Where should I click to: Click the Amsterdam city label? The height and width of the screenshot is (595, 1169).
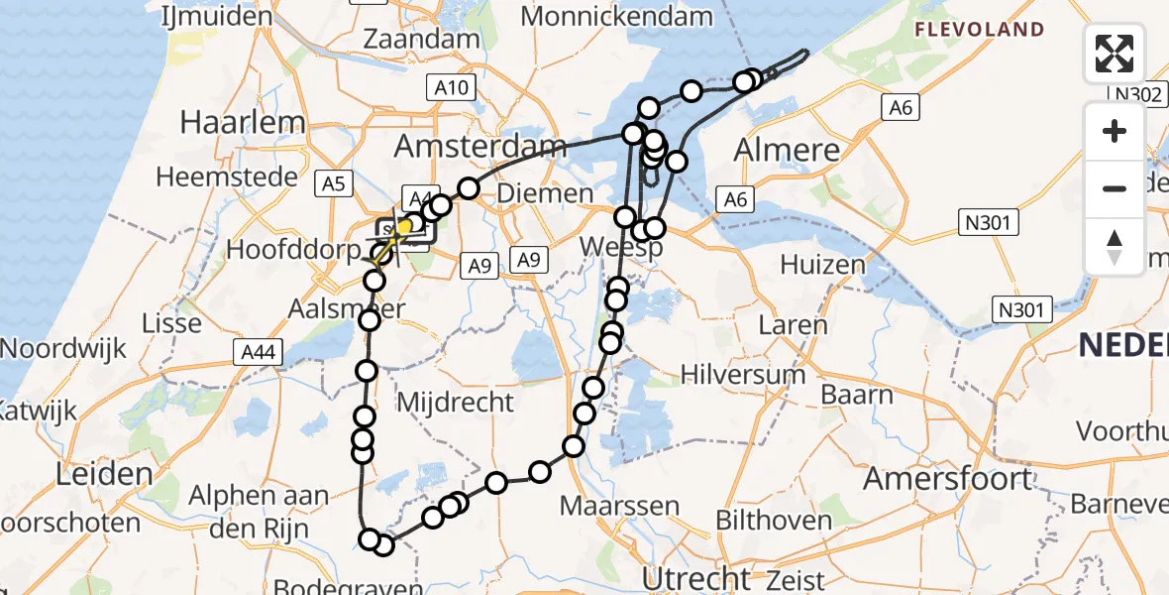tap(480, 147)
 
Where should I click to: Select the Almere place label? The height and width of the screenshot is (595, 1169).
tap(787, 150)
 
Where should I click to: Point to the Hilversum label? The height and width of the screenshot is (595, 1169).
tap(744, 374)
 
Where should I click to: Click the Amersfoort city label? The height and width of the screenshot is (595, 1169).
tap(948, 478)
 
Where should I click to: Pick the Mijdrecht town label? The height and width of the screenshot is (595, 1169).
tap(455, 402)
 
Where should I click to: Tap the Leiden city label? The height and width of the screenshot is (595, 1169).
tap(104, 473)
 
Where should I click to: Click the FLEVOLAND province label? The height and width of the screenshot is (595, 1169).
tap(979, 30)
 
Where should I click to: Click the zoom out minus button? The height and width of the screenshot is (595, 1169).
tap(1115, 188)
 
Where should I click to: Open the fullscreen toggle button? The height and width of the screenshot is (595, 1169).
tap(1115, 54)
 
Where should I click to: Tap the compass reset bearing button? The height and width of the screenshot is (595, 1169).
tap(1115, 246)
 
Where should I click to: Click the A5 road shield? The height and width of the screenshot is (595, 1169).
tap(333, 182)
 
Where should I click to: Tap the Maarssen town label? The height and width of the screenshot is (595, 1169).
tap(620, 505)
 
